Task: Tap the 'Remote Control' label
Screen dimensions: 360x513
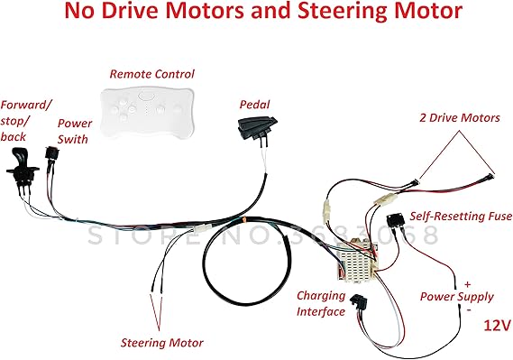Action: click(151, 73)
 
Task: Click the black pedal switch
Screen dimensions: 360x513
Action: click(255, 127)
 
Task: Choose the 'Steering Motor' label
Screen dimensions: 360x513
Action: click(162, 342)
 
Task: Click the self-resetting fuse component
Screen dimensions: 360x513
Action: click(394, 221)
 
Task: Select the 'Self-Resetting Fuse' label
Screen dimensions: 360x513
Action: click(461, 216)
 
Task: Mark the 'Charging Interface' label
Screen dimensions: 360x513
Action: click(321, 303)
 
